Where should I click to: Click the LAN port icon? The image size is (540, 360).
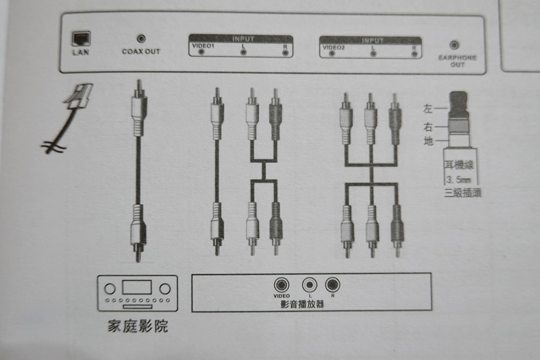click(82, 39)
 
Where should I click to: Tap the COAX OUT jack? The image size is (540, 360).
click(141, 38)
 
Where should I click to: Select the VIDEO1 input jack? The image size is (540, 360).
click(201, 52)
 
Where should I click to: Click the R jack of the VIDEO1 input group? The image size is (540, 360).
click(285, 53)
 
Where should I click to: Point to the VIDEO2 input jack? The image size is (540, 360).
click(332, 53)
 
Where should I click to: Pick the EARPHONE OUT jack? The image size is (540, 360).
click(454, 45)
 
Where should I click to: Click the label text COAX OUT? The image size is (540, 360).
click(141, 52)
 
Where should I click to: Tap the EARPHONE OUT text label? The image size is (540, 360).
click(457, 62)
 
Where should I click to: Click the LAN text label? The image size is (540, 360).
click(80, 52)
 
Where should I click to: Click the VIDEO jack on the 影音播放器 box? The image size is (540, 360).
click(281, 285)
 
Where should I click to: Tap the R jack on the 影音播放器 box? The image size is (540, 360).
click(332, 284)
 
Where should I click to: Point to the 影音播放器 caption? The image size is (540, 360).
click(302, 304)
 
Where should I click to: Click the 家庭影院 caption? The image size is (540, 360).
click(138, 326)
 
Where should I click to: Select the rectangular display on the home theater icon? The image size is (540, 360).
click(137, 287)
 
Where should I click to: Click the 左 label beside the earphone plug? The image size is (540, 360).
click(428, 109)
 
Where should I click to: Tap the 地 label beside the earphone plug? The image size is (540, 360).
click(428, 141)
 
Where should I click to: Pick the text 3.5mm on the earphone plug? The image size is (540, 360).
click(458, 180)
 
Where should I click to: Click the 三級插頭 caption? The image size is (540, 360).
click(463, 193)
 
